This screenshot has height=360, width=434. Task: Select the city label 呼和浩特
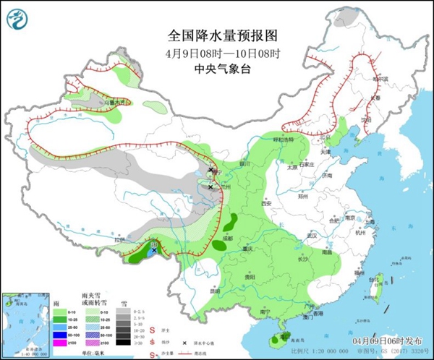point(273,140)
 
